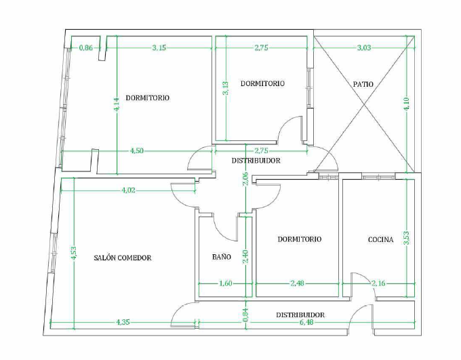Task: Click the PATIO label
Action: point(363,84)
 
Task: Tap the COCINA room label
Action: point(381,240)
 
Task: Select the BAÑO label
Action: point(222,257)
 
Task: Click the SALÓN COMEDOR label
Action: point(123,258)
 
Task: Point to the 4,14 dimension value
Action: point(117,104)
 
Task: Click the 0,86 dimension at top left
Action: point(86,47)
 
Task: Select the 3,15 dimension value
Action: point(159,47)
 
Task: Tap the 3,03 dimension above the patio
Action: point(364,47)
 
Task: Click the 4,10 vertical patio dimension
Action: point(407,104)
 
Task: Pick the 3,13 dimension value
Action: point(226,88)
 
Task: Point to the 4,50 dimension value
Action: point(137,151)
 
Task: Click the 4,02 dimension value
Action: point(129,191)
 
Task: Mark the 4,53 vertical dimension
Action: point(74,253)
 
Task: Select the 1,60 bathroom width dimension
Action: point(226,283)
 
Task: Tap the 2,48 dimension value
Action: point(297,283)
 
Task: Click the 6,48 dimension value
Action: point(306,322)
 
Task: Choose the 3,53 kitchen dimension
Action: point(407,238)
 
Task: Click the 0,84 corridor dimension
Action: point(246,315)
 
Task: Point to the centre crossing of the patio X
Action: point(364,104)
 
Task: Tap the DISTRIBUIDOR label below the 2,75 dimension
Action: point(256,161)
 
